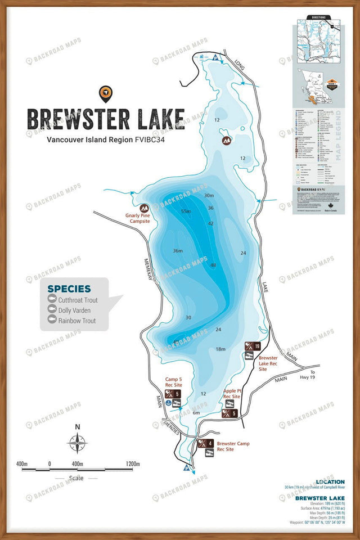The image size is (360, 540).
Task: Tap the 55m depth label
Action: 186,211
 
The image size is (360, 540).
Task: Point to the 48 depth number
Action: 213,265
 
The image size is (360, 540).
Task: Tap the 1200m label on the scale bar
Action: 133,464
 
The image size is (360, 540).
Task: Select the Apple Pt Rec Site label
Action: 232,393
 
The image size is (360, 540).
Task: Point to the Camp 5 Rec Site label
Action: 174,381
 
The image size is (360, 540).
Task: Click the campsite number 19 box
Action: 257,346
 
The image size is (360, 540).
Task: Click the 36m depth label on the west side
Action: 178,251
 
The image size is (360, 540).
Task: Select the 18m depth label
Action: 221,349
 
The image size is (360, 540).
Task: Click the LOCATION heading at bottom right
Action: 335,482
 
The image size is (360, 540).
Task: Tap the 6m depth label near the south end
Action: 196,413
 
